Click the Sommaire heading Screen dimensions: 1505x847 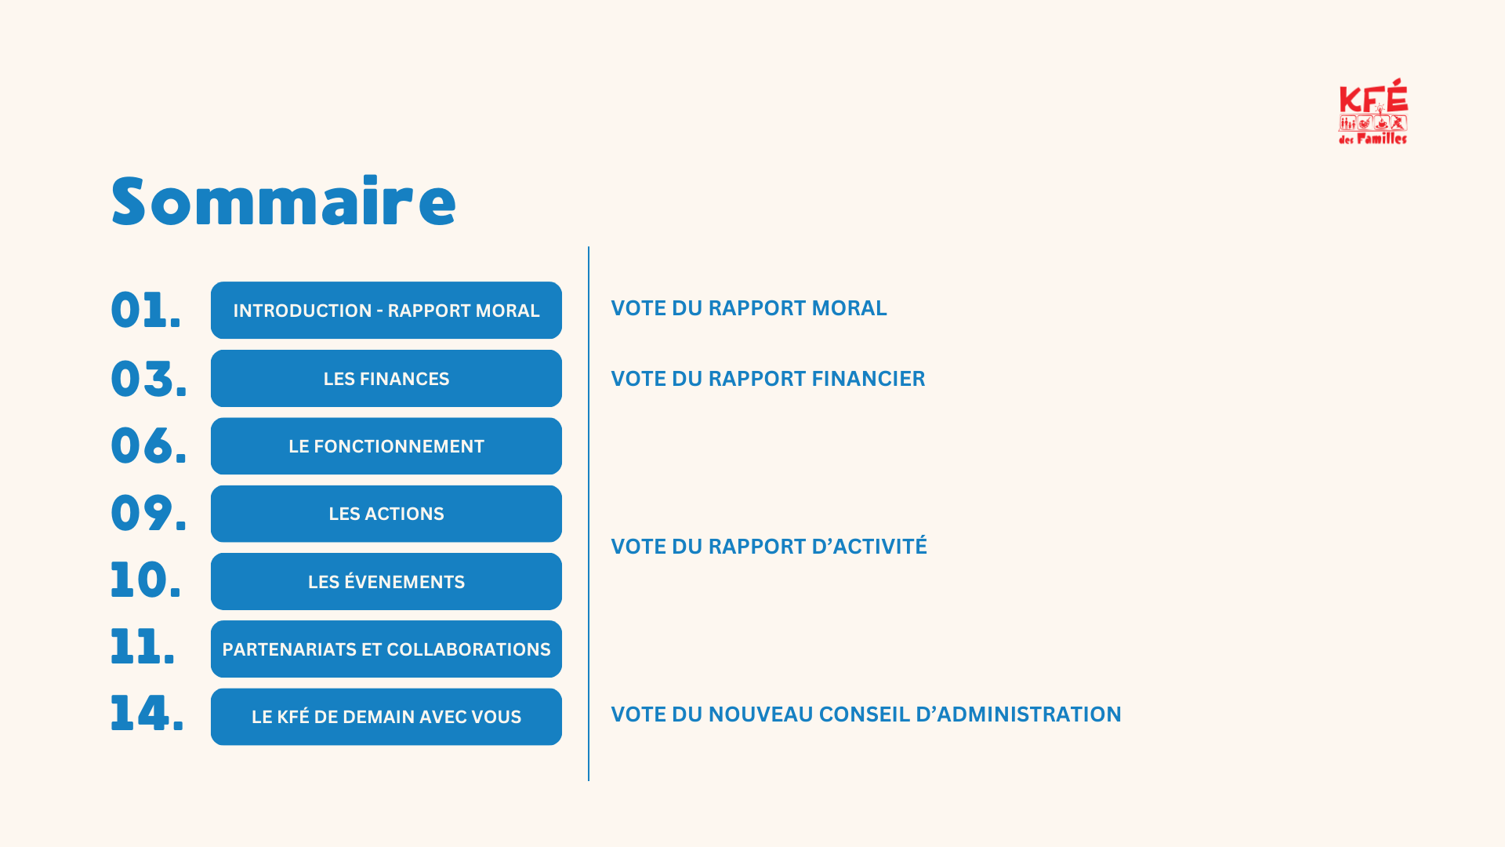pos(283,202)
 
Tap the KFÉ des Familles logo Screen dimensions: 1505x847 pos(1373,111)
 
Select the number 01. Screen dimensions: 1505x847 pos(146,310)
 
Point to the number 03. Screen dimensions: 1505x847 pos(149,379)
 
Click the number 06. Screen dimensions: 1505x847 pos(149,445)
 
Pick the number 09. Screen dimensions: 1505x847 pos(149,514)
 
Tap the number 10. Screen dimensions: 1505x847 pos(146,580)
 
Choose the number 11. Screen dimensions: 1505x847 pos(143,648)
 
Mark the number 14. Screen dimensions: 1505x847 pos(147,714)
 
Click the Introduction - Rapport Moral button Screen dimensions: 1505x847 pos(386,311)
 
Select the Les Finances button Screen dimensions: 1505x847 pos(386,379)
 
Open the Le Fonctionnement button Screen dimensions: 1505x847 pos(386,446)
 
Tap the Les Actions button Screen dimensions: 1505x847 pos(386,514)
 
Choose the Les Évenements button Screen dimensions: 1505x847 pos(386,582)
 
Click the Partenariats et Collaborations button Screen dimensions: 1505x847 pos(386,649)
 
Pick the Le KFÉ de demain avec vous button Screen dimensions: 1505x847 pos(386,717)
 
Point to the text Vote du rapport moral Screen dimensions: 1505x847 pos(749,308)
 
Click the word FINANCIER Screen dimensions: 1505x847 pos(869,379)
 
